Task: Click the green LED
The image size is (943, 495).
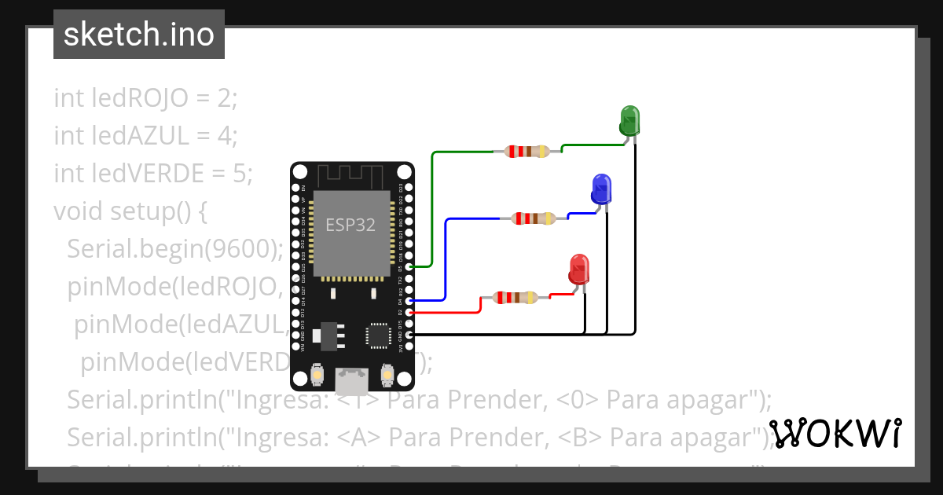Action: [x=630, y=120]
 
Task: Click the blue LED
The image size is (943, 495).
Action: [x=601, y=189]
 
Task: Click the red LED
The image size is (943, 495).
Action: [x=579, y=269]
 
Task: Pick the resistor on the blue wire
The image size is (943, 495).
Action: [x=534, y=218]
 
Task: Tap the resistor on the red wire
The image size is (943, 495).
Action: [x=515, y=298]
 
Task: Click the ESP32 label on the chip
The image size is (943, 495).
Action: [x=350, y=225]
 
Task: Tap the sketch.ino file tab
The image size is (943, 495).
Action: [x=139, y=35]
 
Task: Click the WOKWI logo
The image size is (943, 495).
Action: [x=835, y=433]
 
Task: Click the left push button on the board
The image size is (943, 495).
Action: [x=317, y=376]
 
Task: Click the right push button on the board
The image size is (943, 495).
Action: [x=387, y=376]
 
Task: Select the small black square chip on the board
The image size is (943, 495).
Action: [x=378, y=335]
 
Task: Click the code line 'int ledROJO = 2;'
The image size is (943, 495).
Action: [x=145, y=98]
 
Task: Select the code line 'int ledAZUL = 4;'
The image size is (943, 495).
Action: [x=145, y=136]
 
